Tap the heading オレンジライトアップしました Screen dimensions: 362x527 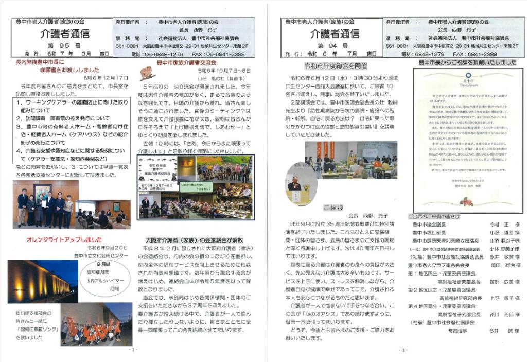point(64,239)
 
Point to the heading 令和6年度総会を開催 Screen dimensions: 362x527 point(336,66)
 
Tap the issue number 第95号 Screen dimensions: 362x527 point(64,46)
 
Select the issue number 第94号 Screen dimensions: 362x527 point(335,46)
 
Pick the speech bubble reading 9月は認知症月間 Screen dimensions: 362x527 point(107,281)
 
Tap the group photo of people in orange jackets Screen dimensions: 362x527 point(90,324)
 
